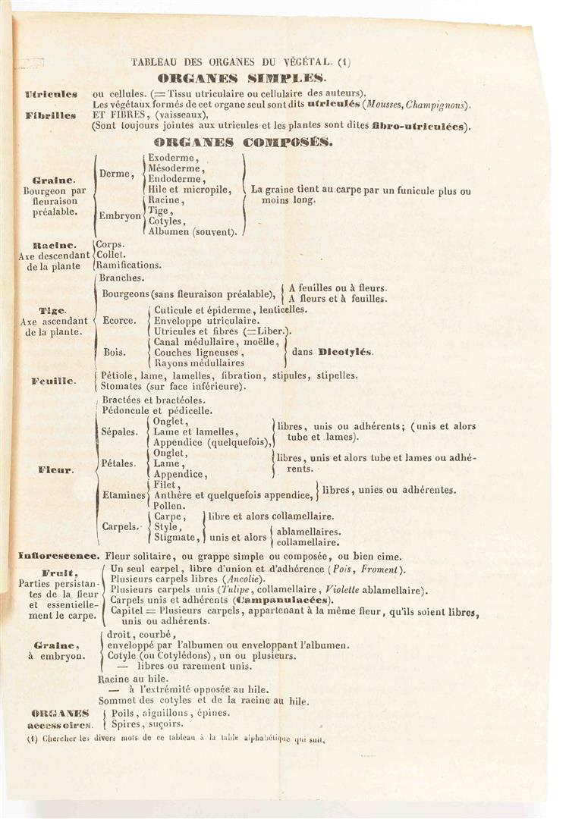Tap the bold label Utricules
[51, 94]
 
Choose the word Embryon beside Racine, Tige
[120, 215]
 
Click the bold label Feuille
[53, 381]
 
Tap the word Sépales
[119, 432]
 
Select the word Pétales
[118, 463]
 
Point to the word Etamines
[123, 494]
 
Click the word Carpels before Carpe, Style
[119, 526]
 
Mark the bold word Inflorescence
[59, 556]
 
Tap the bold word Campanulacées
[265, 601]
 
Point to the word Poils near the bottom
[124, 713]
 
